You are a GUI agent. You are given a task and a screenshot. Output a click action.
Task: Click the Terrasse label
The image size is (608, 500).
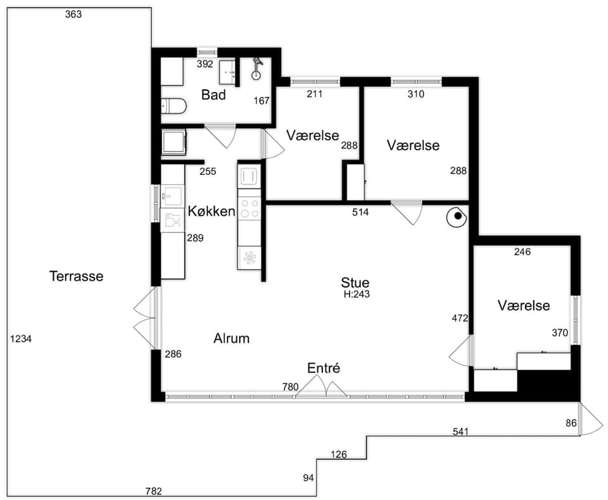[77, 276]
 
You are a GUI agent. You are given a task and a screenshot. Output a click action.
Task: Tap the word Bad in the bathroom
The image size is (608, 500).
[213, 94]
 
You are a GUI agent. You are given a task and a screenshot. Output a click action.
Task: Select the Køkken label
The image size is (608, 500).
[212, 212]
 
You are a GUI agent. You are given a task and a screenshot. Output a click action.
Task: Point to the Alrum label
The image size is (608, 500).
[232, 338]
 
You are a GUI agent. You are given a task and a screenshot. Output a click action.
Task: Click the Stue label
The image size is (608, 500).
[355, 282]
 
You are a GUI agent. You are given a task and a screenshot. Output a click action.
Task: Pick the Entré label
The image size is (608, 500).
[324, 368]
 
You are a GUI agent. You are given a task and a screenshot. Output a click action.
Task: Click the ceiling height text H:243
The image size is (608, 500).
[357, 294]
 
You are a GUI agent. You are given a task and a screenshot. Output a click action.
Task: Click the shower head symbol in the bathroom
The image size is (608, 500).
[256, 68]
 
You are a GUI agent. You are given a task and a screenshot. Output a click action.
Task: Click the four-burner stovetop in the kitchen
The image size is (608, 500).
[250, 208]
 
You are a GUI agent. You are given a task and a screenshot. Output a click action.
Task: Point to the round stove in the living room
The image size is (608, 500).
[456, 217]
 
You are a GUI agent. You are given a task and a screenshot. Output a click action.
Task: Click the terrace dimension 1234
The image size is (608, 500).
[21, 339]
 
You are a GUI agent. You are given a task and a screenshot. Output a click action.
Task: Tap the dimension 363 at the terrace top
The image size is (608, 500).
[73, 15]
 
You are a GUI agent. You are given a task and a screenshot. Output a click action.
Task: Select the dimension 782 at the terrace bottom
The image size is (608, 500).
[153, 492]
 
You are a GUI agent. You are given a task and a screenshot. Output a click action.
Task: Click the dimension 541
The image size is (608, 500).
[460, 432]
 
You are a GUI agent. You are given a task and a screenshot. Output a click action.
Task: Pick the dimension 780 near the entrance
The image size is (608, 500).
[291, 387]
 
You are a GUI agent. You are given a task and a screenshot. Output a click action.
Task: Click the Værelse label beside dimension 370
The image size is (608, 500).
[524, 305]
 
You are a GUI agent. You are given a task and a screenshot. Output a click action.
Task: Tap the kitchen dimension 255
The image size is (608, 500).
[208, 172]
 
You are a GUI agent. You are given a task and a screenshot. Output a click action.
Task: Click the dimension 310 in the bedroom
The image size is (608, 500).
[415, 94]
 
